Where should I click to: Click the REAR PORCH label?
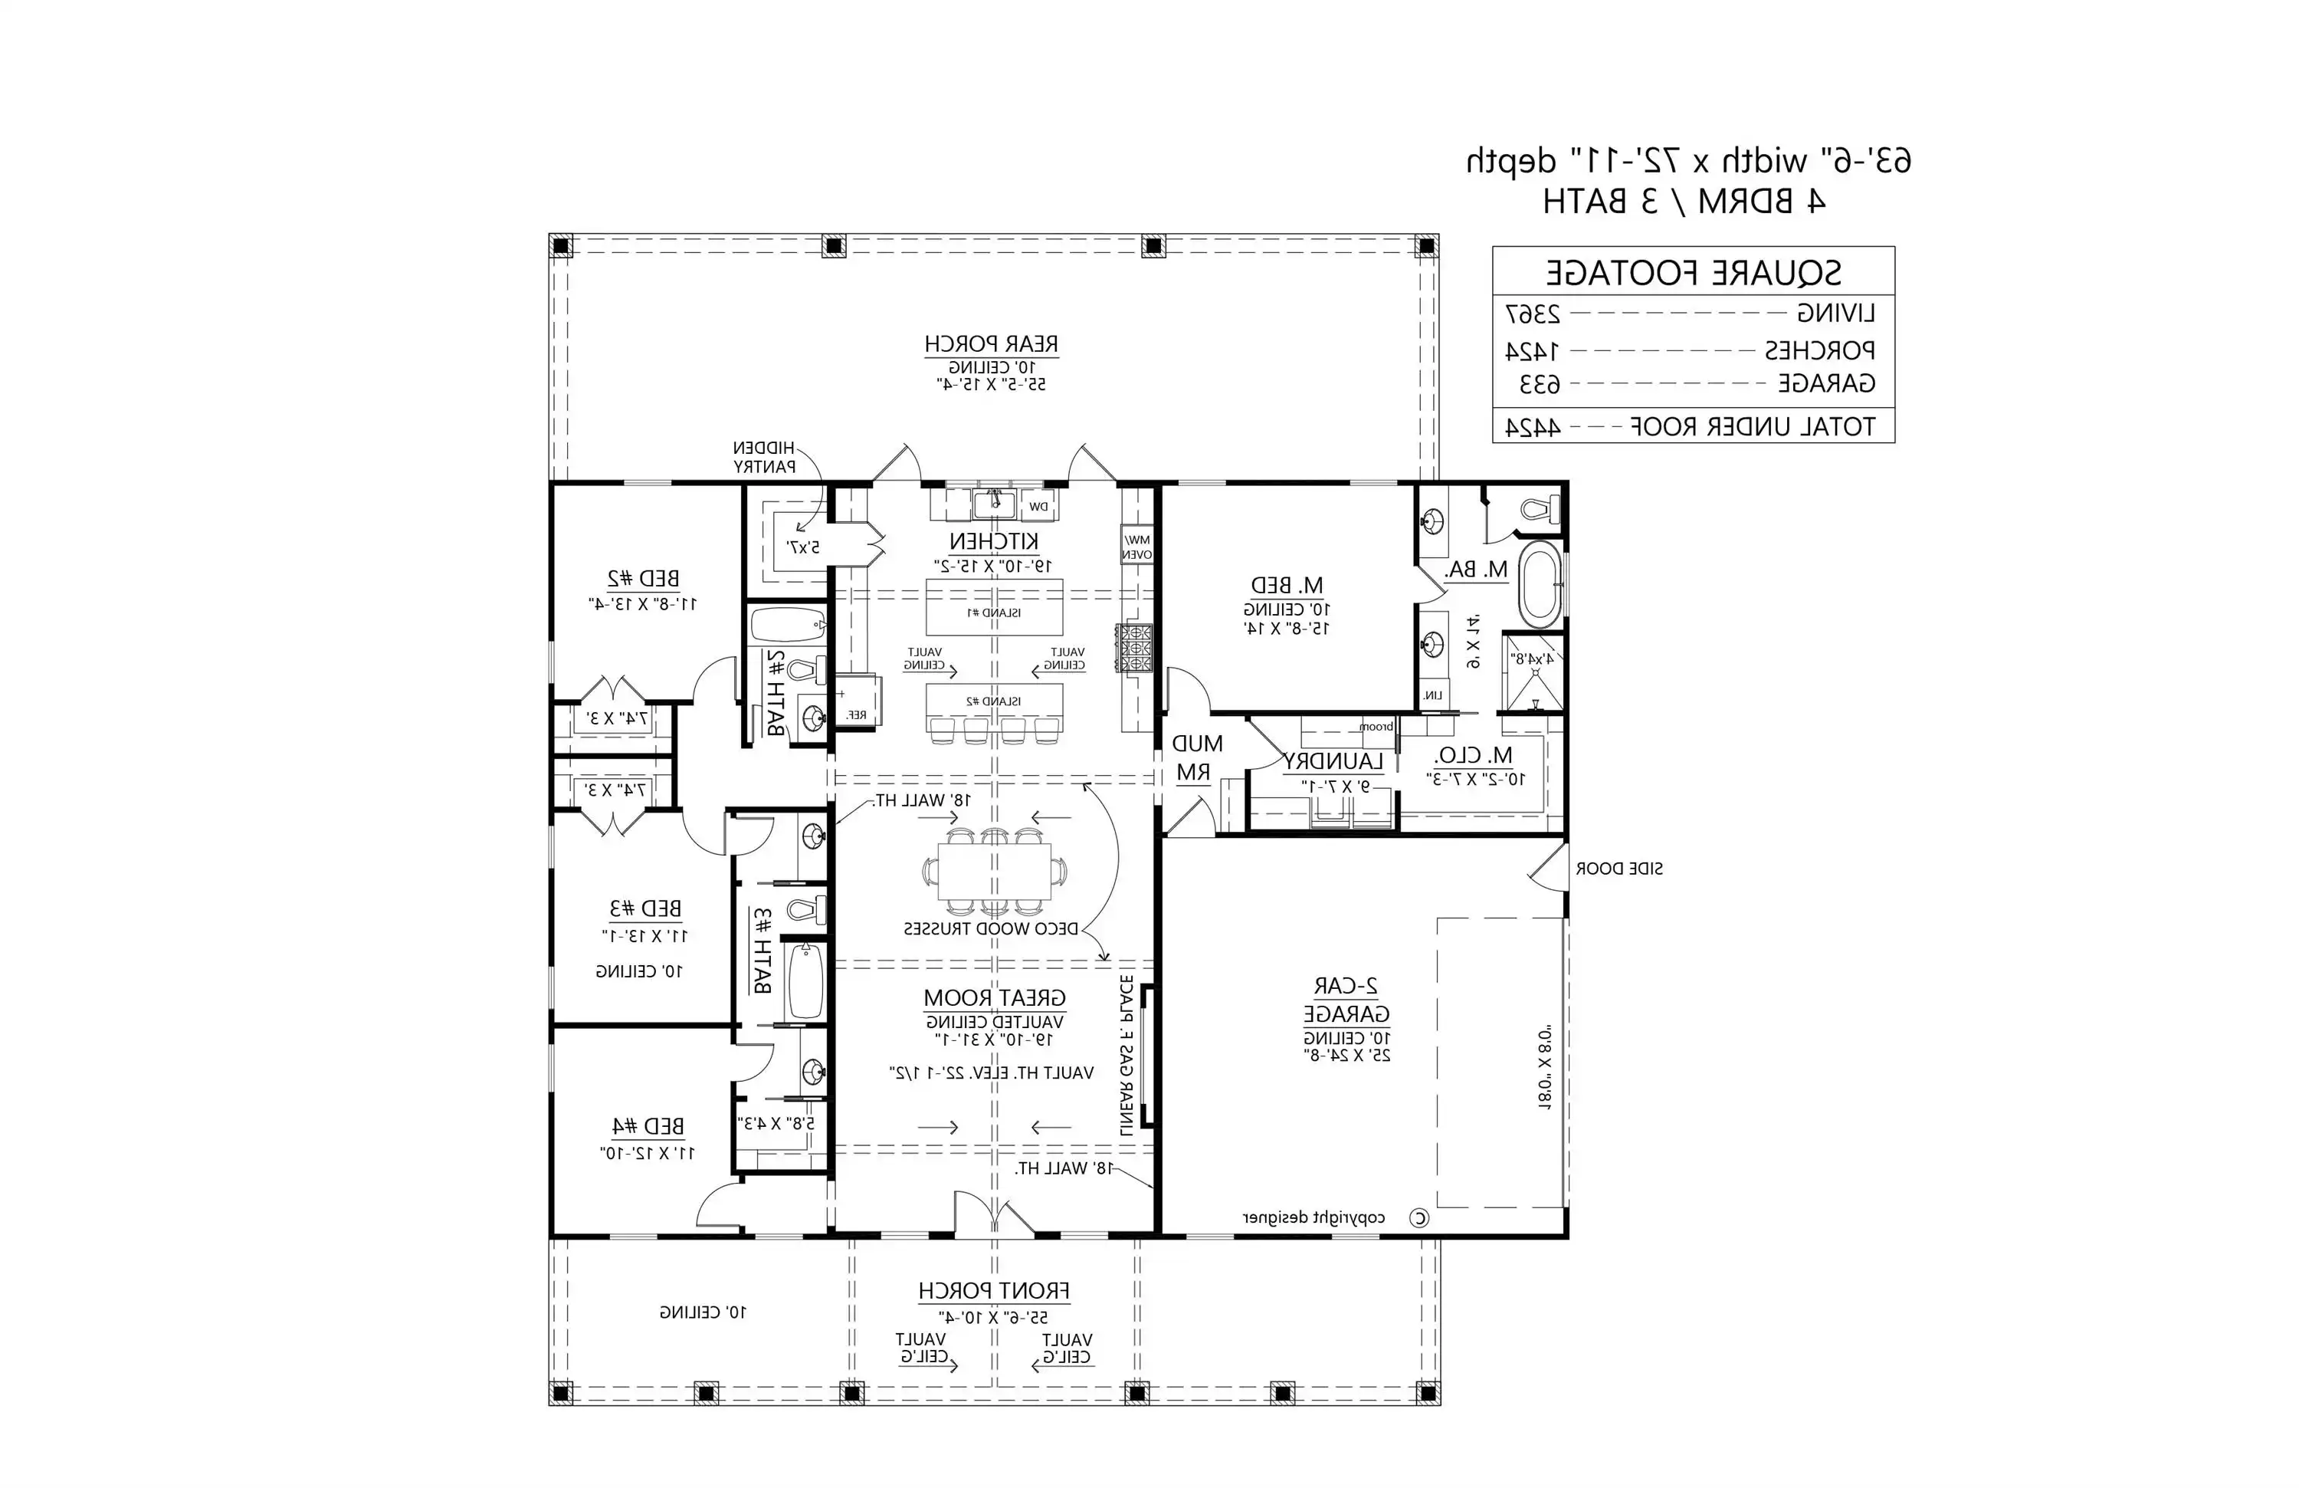coord(991,344)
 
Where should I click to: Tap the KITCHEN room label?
coord(993,541)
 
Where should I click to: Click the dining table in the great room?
coord(994,872)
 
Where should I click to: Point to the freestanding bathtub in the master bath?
coord(1539,585)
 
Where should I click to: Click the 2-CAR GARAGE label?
coord(1346,1000)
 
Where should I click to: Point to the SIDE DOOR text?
coord(1619,869)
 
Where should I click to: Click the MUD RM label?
coord(1196,757)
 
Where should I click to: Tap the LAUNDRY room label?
coord(1333,761)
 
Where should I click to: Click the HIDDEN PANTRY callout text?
coord(763,457)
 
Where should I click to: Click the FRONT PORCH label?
coord(993,1291)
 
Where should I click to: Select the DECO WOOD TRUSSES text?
coord(990,928)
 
